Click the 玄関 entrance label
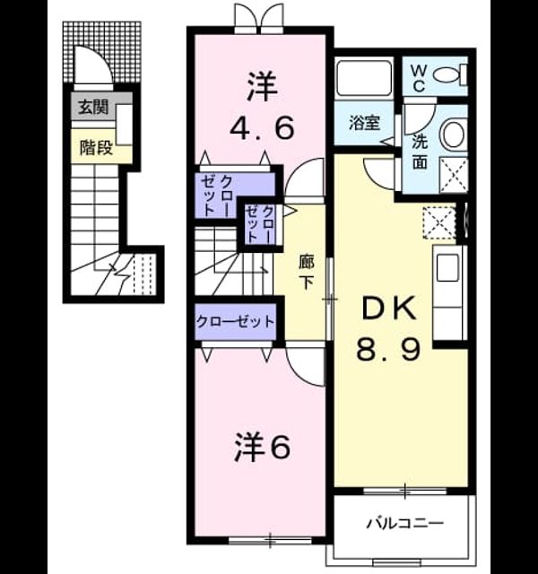[x=93, y=108]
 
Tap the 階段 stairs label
[x=96, y=148]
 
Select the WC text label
[x=418, y=78]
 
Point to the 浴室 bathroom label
[x=364, y=123]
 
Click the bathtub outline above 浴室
[x=364, y=78]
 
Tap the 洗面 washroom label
[x=420, y=152]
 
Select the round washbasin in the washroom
[x=454, y=134]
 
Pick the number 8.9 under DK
[x=388, y=349]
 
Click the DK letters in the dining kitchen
[x=389, y=309]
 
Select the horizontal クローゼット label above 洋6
[x=235, y=322]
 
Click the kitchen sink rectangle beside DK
[x=448, y=267]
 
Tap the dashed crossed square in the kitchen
[x=439, y=223]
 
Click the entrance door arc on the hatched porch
[x=93, y=65]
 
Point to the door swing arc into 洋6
[x=305, y=367]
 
